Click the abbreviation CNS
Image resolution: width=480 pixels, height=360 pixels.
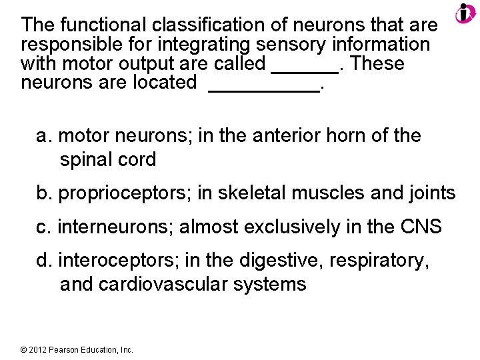pyautogui.click(x=420, y=227)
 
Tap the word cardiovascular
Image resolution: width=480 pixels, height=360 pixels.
pyautogui.click(x=158, y=285)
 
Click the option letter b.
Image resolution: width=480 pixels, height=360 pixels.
pyautogui.click(x=43, y=194)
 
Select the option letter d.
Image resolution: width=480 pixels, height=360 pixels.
pyautogui.click(x=43, y=261)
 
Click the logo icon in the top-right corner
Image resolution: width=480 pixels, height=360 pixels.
pyautogui.click(x=465, y=13)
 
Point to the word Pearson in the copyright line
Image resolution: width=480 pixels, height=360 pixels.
pyautogui.click(x=63, y=349)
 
